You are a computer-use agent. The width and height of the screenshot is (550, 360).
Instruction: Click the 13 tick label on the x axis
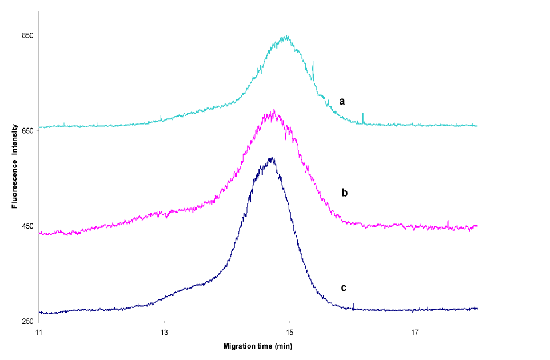click(164, 331)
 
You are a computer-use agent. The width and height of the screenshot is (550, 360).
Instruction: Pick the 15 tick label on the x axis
click(290, 331)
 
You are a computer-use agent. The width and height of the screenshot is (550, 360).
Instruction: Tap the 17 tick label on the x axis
click(415, 331)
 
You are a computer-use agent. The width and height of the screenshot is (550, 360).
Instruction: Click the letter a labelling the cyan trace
click(342, 101)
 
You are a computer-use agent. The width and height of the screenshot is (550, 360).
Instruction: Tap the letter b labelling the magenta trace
click(345, 193)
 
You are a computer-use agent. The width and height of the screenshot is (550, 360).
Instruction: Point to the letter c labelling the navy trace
click(344, 287)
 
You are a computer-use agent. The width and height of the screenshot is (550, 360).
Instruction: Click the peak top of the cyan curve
click(286, 38)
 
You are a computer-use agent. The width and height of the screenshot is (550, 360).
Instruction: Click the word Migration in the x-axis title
click(238, 346)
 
